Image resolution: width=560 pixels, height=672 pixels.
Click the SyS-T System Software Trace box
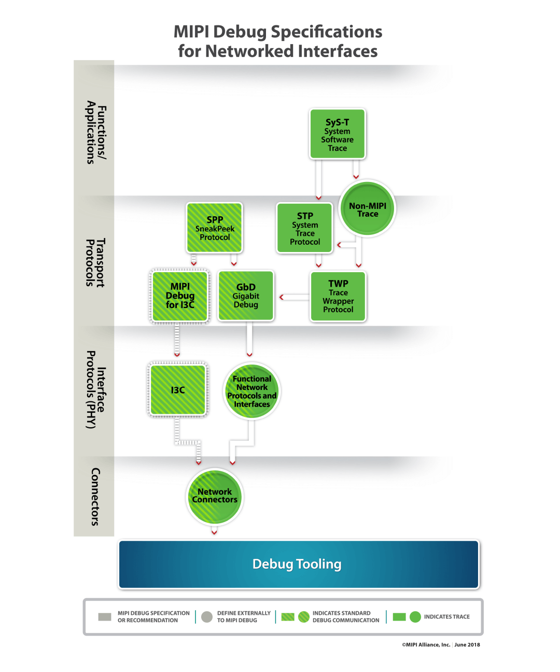pos(338,134)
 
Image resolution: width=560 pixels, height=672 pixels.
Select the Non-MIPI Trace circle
pos(367,208)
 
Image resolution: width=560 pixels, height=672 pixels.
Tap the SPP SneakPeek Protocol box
pos(215,228)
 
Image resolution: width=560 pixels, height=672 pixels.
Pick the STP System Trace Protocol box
pos(305,228)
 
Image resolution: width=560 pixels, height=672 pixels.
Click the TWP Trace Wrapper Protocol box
pos(338,297)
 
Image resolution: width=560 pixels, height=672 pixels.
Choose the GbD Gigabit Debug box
pos(246,296)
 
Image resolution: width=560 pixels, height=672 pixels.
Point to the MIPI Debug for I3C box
pos(180,296)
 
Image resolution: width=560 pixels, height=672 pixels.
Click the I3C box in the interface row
pos(178,390)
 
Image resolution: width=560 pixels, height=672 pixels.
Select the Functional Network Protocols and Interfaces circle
pos(252,391)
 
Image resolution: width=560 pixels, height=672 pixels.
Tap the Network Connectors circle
pos(215,496)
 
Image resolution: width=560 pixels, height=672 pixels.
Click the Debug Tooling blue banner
pos(299,564)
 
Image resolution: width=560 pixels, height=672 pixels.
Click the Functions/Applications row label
pos(96,133)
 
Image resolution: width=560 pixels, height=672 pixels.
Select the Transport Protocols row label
pos(95,262)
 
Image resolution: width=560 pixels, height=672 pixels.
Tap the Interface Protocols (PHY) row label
pos(95,390)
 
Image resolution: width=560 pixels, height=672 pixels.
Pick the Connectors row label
pos(95,497)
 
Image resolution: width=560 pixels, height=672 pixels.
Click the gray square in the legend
pos(105,617)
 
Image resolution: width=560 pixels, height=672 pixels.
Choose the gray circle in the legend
pos(207,617)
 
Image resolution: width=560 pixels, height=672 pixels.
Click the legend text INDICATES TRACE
pos(446,617)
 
